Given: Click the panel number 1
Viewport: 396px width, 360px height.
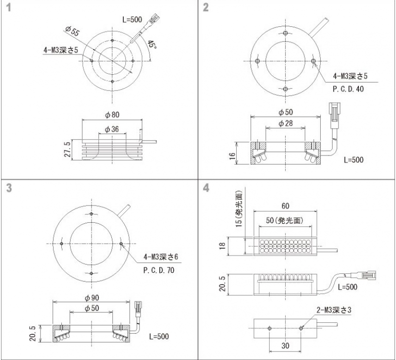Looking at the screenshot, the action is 8,7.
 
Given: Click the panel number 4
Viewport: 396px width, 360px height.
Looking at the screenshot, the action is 206,188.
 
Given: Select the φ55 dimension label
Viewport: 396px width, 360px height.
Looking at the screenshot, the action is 72,31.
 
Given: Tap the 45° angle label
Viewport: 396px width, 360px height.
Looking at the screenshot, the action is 151,45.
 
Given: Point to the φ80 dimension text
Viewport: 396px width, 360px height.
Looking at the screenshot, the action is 112,115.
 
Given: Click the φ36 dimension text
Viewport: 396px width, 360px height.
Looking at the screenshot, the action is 112,129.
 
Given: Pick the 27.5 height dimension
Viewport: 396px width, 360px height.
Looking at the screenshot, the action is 67,150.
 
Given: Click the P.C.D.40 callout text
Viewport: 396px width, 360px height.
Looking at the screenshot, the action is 348,89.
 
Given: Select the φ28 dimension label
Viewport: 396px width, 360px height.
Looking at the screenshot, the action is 286,123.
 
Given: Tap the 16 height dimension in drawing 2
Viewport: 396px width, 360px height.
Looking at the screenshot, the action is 232,154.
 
